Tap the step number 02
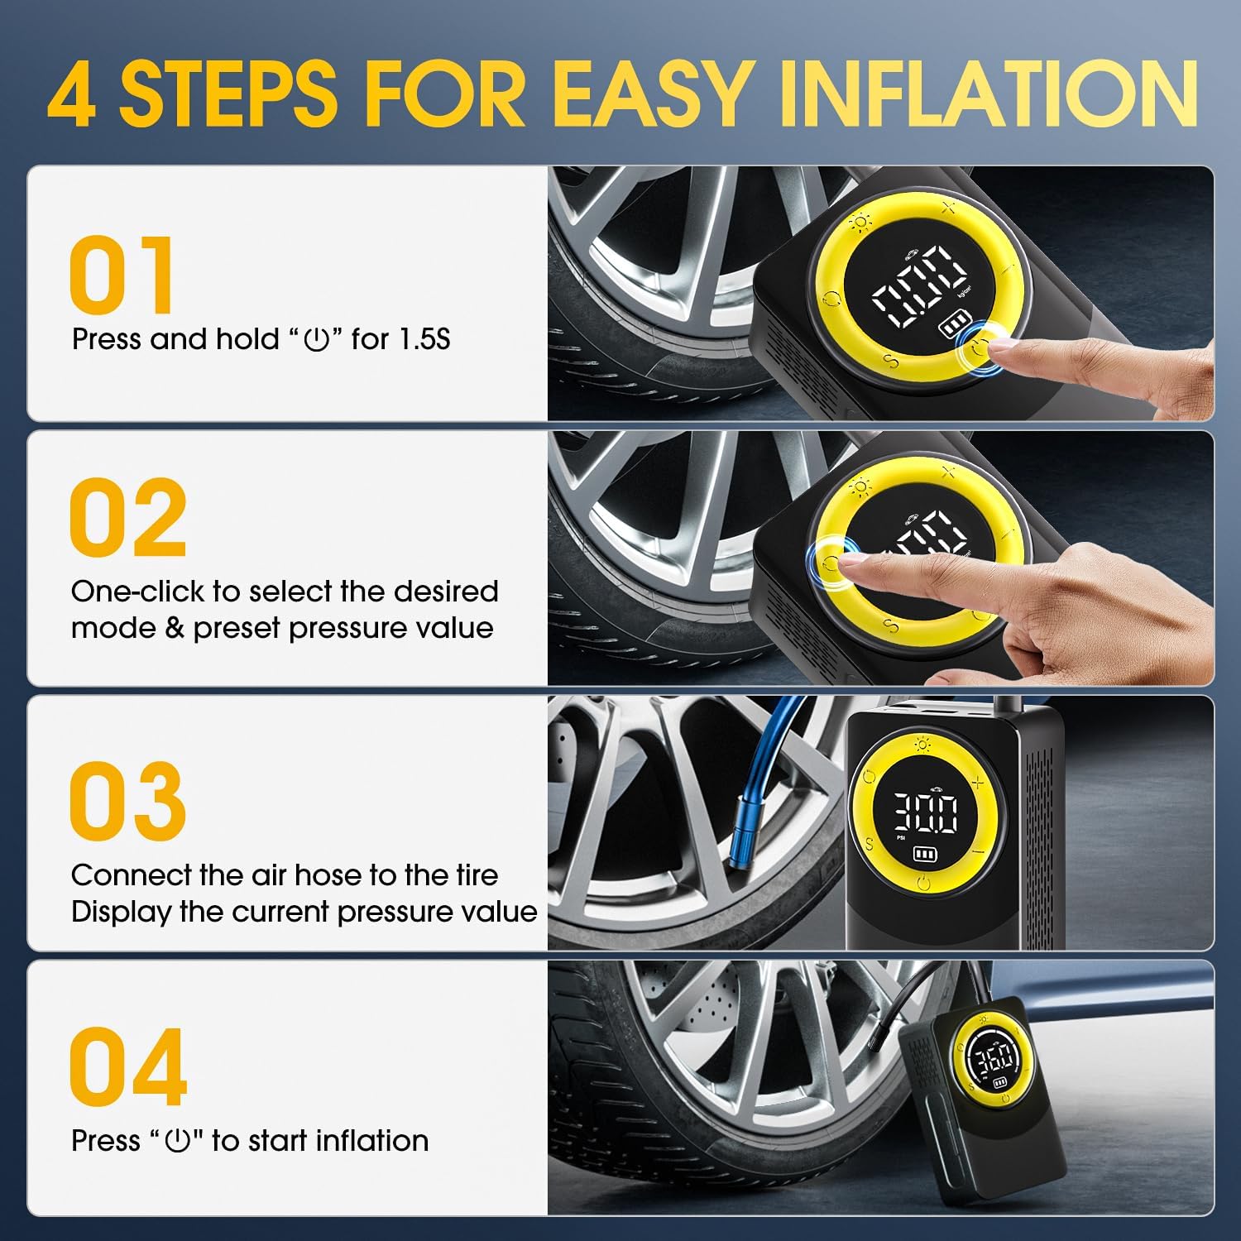click(127, 518)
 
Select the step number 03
click(127, 800)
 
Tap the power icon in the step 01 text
click(317, 340)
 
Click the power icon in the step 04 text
click(179, 1142)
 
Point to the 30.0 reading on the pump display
click(924, 812)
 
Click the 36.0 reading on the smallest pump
click(994, 1057)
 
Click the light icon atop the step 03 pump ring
click(922, 745)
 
